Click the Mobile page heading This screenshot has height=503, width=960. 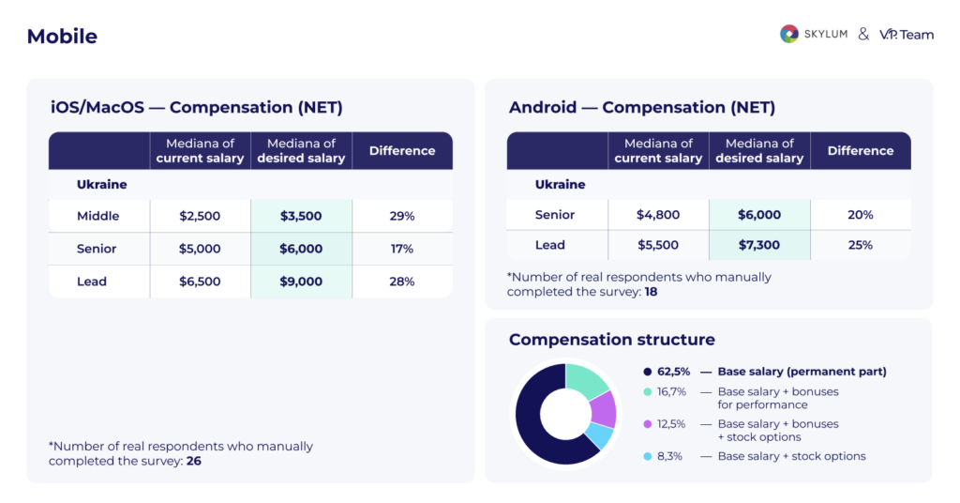[62, 37]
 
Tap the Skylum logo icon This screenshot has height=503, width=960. [789, 34]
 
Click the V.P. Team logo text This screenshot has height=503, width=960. [907, 34]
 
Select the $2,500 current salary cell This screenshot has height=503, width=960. [200, 216]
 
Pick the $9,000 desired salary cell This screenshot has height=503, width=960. [301, 282]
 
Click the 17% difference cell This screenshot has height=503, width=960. [402, 249]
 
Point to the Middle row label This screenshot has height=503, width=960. [98, 216]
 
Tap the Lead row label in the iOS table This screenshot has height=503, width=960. [92, 282]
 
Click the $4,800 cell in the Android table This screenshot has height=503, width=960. [658, 215]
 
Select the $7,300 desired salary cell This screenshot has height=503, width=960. [759, 245]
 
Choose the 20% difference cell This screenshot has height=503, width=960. [861, 215]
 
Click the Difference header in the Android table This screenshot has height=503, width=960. [861, 150]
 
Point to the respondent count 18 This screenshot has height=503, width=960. [650, 292]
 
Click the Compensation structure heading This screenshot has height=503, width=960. [611, 340]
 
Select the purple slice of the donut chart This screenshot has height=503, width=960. [604, 408]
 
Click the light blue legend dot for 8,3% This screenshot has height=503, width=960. [648, 456]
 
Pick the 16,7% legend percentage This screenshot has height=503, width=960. [671, 391]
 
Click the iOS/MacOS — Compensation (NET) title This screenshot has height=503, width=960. [196, 108]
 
